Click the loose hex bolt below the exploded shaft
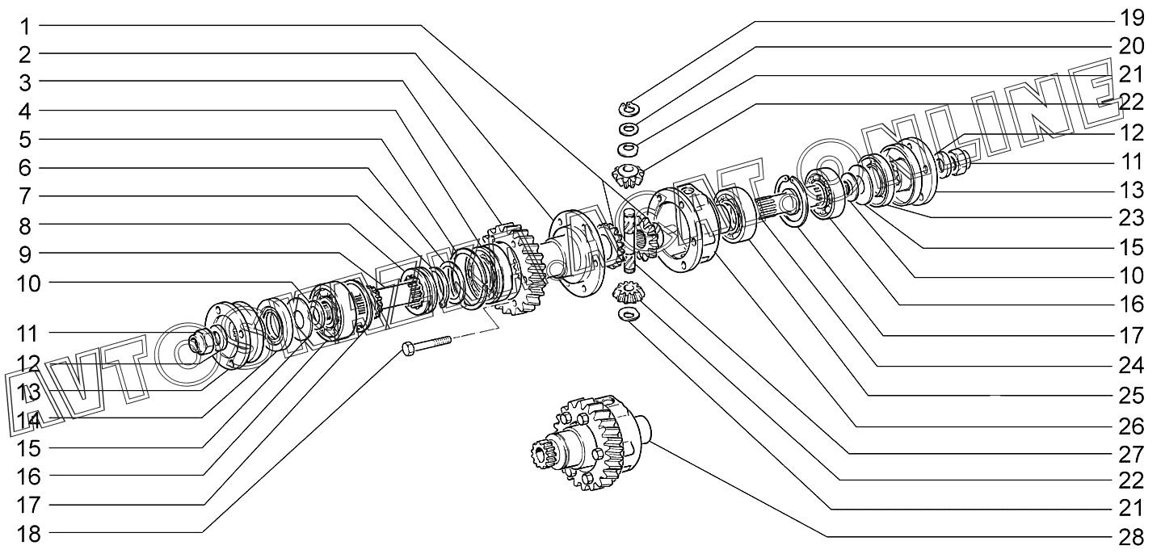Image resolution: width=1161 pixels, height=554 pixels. coord(425,346)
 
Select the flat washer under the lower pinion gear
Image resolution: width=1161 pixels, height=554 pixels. coord(628,314)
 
